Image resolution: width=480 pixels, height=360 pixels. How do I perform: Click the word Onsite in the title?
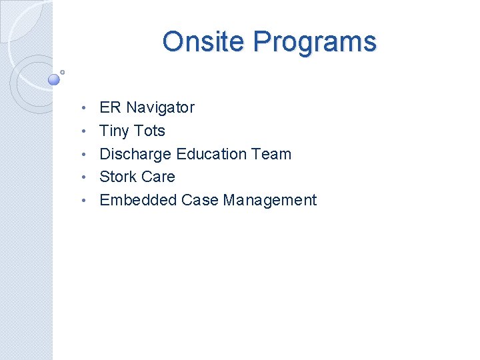(204, 41)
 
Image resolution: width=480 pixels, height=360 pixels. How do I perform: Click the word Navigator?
(160, 107)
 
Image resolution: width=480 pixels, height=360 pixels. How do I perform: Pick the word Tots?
(149, 131)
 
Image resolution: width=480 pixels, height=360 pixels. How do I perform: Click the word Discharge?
(135, 154)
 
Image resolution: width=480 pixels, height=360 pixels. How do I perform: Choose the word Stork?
(118, 177)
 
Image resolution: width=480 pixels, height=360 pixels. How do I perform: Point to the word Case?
(200, 200)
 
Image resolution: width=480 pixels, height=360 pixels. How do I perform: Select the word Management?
(270, 200)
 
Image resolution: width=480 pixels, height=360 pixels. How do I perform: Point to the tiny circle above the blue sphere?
(62, 72)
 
